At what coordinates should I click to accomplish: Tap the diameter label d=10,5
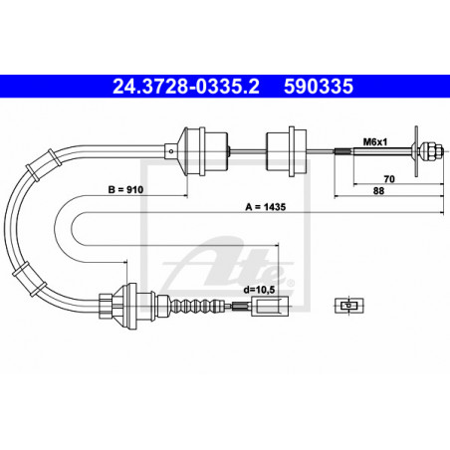(259, 290)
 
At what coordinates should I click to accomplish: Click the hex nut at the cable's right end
(434, 151)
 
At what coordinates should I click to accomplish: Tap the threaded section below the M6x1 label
(342, 151)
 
